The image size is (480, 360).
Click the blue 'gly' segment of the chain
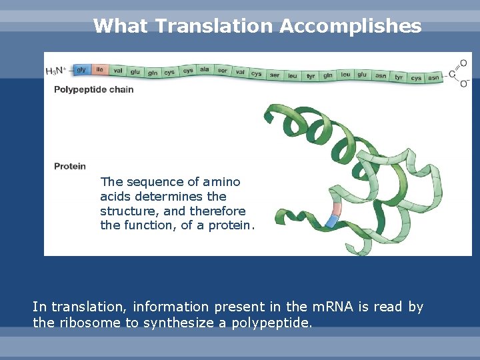point(81,69)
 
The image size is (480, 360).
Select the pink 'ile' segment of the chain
point(99,69)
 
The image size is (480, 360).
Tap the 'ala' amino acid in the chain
point(205,69)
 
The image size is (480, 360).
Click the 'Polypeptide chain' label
point(93,89)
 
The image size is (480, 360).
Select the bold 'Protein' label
point(70,166)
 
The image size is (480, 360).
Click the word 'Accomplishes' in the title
point(351,26)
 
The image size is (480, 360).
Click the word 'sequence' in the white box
point(148,182)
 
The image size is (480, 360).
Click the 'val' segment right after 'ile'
point(118,70)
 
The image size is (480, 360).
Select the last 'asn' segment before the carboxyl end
point(433,78)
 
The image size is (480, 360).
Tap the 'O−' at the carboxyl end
point(463,84)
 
